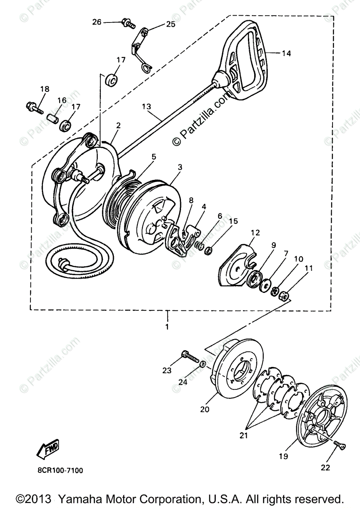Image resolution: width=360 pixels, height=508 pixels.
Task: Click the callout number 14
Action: [286, 53]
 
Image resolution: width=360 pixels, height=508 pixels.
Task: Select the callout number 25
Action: [170, 24]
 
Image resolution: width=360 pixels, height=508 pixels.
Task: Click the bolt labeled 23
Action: [190, 356]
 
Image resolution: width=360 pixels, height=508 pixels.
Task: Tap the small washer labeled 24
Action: [203, 363]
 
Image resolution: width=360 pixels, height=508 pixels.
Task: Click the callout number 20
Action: [205, 409]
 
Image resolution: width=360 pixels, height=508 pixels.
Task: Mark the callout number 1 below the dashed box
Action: [167, 327]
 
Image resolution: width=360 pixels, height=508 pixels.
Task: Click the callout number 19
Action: [283, 456]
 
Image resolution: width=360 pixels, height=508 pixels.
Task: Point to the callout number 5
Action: [154, 157]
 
